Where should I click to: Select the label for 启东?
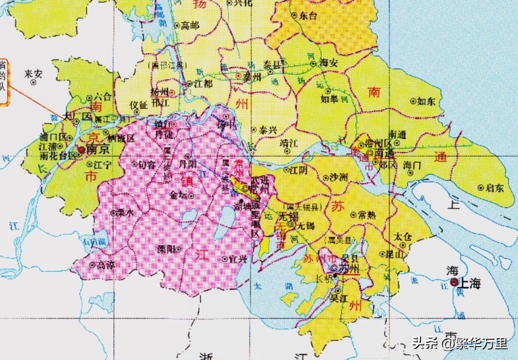click(494, 188)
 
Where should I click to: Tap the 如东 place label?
click(426, 102)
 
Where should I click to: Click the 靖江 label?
click(289, 144)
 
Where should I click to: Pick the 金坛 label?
click(179, 194)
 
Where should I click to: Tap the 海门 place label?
click(412, 165)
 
